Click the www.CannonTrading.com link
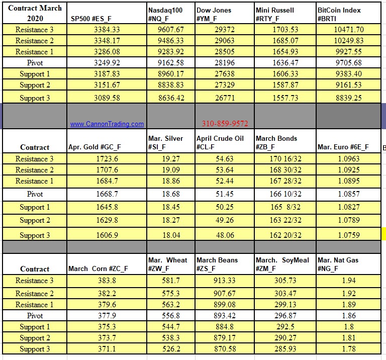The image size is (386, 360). [107, 124]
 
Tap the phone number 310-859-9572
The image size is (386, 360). [225, 124]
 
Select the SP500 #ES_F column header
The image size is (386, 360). [91, 19]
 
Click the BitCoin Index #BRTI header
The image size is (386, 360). [339, 15]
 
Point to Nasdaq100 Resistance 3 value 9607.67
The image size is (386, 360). [170, 30]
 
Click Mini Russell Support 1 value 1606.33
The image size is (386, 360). [285, 74]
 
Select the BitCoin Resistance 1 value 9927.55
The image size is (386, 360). [348, 52]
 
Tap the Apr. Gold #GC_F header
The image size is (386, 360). [95, 147]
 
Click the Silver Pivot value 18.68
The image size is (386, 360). [170, 194]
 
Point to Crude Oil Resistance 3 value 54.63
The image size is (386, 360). [225, 159]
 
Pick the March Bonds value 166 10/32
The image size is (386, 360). [285, 194]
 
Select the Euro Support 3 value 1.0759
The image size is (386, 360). [348, 235]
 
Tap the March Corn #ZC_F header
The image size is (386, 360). [98, 269]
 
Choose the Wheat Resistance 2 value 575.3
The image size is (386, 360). [170, 294]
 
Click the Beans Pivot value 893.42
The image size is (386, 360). [225, 316]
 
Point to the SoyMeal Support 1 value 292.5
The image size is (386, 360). [285, 327]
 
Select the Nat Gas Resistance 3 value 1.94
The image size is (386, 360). [348, 281]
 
